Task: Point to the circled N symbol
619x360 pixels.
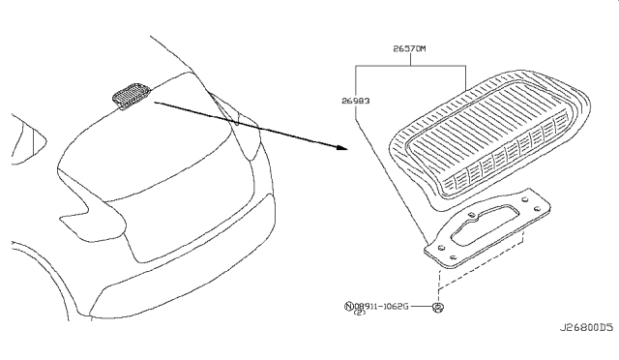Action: click(x=349, y=307)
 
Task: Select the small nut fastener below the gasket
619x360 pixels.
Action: click(x=438, y=307)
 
